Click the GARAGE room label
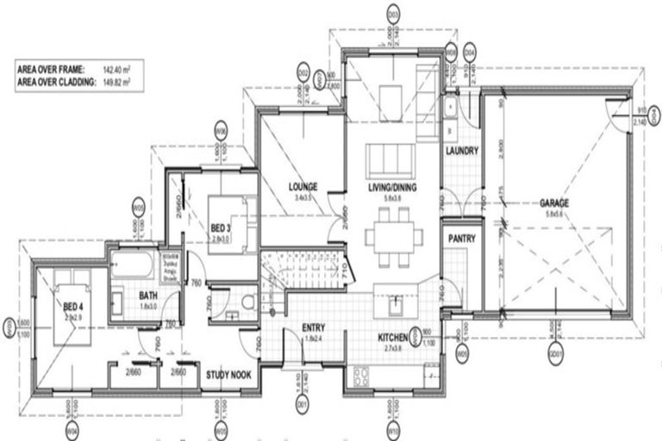tap(554, 203)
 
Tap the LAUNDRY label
tap(461, 151)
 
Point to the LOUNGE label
tap(303, 186)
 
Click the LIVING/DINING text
tap(388, 186)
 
